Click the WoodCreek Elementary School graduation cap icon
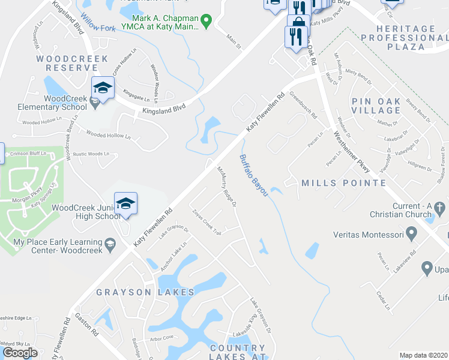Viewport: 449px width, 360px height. coord(103,88)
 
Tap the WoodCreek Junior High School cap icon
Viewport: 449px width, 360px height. coord(125,204)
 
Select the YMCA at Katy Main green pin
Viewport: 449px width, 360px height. coord(206,22)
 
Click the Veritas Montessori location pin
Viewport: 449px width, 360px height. coord(411,232)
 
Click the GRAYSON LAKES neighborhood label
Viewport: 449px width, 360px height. coord(145,292)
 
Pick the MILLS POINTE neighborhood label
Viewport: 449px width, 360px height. coord(343,182)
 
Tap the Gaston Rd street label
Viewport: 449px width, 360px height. coord(88,326)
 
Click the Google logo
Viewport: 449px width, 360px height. coord(20,353)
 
